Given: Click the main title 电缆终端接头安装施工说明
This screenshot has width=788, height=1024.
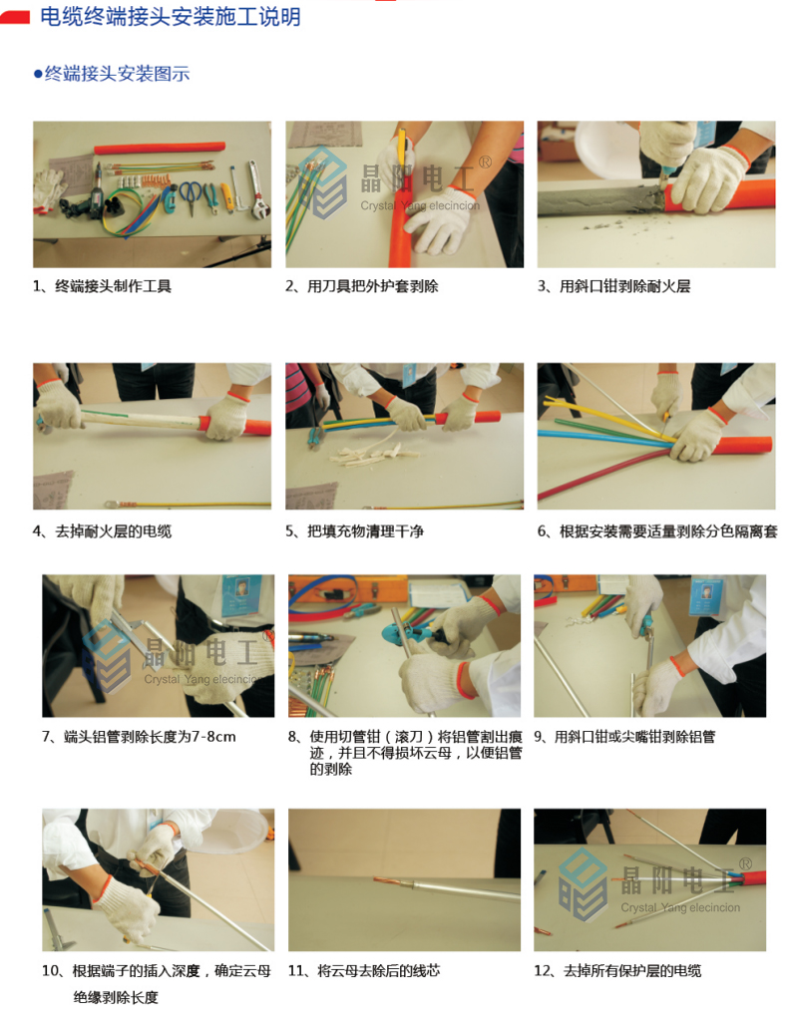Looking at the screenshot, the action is (x=171, y=16).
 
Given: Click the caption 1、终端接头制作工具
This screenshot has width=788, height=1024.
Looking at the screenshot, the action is (x=103, y=286).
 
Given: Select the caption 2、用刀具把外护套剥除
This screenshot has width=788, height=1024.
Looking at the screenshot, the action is (x=362, y=286).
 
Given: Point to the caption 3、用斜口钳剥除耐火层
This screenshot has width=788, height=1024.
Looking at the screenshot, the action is (x=614, y=286).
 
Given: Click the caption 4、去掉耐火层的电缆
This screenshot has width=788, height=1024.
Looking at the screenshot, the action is (x=103, y=531).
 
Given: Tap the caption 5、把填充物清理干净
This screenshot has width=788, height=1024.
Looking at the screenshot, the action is (x=355, y=531).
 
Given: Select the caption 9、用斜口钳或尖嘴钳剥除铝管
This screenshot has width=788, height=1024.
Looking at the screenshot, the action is (x=624, y=737).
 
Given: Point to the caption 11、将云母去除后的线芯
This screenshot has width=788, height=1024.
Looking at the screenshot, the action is (x=364, y=971).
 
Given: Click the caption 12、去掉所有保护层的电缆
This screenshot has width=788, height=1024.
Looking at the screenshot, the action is (x=617, y=971).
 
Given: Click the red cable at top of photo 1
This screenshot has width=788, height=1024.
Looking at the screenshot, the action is (x=160, y=149).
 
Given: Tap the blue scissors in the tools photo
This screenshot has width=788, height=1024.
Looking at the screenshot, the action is (x=191, y=196).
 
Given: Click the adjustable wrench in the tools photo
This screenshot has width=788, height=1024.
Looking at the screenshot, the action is (x=255, y=188).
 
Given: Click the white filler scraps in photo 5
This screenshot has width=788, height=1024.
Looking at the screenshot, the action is (x=371, y=452).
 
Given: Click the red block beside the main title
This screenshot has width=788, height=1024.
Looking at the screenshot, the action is (x=15, y=17).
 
